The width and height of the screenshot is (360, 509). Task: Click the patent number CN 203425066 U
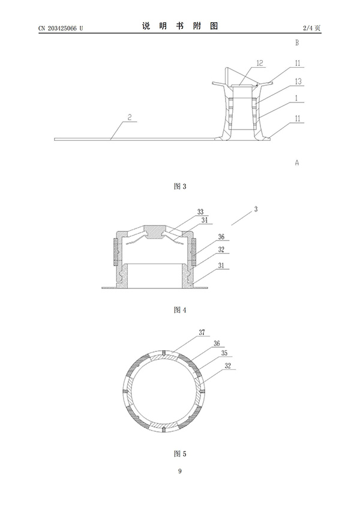pyautogui.click(x=61, y=28)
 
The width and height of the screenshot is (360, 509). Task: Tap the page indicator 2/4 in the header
pyautogui.click(x=308, y=28)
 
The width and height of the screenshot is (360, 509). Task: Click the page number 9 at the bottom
pyautogui.click(x=180, y=471)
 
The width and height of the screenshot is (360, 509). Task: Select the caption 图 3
pyautogui.click(x=180, y=186)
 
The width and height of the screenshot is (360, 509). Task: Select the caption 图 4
pyautogui.click(x=180, y=310)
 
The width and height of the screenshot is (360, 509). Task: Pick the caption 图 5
pyautogui.click(x=180, y=453)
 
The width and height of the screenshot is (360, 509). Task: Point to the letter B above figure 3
pyautogui.click(x=296, y=43)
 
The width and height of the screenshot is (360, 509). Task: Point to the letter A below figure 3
pyautogui.click(x=296, y=162)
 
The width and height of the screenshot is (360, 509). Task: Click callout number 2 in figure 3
pyautogui.click(x=130, y=117)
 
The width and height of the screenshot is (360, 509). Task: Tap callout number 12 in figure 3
pyautogui.click(x=260, y=63)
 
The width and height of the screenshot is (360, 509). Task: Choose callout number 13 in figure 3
pyautogui.click(x=298, y=81)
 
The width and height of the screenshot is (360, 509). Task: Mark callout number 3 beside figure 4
pyautogui.click(x=256, y=209)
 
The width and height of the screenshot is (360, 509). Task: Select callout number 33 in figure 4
pyautogui.click(x=200, y=212)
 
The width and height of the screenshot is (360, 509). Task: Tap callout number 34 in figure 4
pyautogui.click(x=205, y=220)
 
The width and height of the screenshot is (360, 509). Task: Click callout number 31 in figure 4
pyautogui.click(x=221, y=265)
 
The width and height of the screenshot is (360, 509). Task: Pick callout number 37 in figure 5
pyautogui.click(x=202, y=332)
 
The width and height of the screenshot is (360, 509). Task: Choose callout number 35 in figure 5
pyautogui.click(x=224, y=353)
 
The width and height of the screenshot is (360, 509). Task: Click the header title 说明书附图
pyautogui.click(x=179, y=26)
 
